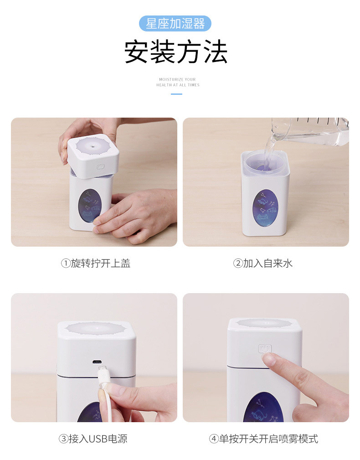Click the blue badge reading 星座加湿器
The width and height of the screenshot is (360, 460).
(x=175, y=23)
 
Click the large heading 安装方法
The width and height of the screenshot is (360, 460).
(x=176, y=52)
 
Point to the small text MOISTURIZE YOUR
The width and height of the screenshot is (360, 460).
(x=177, y=79)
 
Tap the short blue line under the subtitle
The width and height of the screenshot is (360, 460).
(x=176, y=94)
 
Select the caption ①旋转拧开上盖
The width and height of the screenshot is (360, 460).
(x=96, y=263)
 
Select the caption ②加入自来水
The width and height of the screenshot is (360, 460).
(x=263, y=263)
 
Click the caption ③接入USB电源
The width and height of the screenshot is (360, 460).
(x=93, y=439)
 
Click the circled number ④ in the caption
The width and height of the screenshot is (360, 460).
(x=214, y=439)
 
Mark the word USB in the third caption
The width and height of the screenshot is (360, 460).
(x=98, y=439)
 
